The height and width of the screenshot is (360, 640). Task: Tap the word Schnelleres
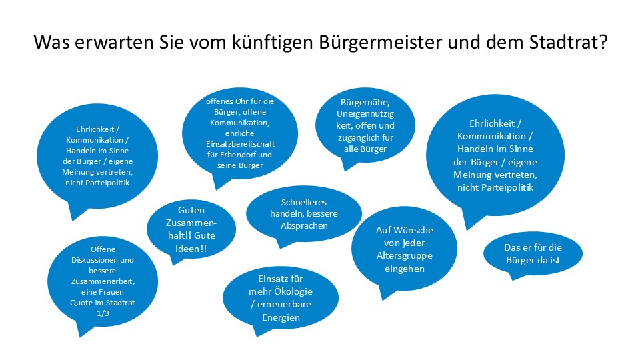tap(303, 201)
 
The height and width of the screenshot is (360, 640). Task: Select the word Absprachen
tap(303, 225)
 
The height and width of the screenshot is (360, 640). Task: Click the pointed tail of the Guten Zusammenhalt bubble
tap(175, 262)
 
